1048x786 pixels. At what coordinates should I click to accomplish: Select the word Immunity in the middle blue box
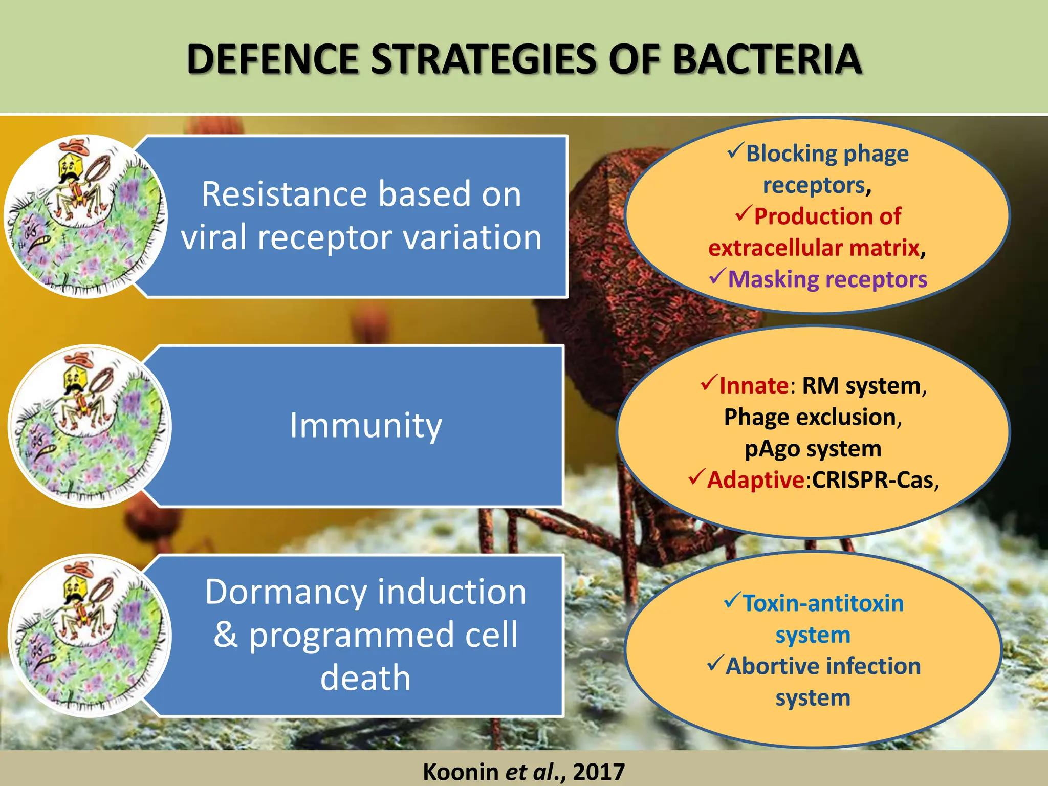[x=365, y=425]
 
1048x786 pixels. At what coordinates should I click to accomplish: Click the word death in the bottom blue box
[x=365, y=678]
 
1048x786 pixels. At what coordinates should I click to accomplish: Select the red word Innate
[x=754, y=386]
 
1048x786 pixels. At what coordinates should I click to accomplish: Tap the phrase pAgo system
[x=813, y=449]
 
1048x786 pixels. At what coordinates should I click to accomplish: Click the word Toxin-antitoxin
[x=823, y=604]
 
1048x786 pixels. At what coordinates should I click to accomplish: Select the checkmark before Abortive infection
[x=715, y=664]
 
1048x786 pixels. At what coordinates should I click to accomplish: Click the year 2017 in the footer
[x=599, y=772]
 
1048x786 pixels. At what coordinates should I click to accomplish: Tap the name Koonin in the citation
[x=461, y=772]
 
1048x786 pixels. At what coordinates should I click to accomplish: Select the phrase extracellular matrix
[x=814, y=248]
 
